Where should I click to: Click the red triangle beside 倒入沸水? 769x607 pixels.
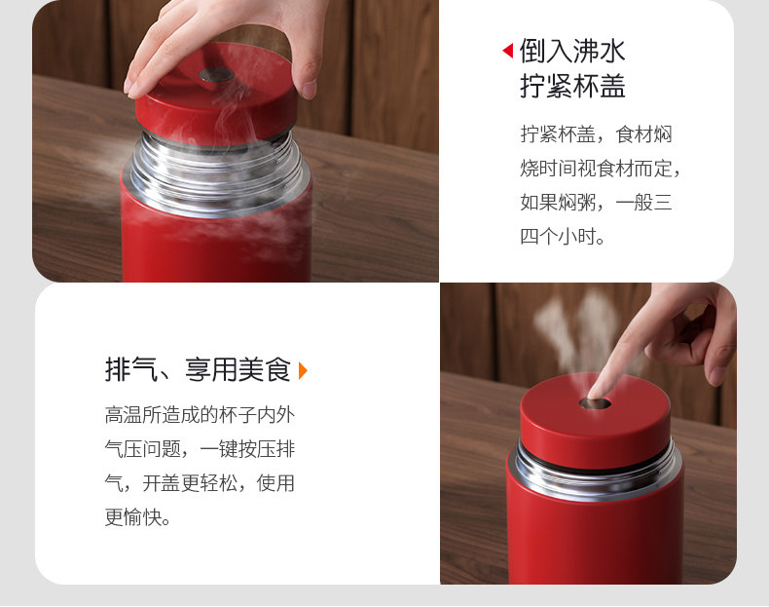508,51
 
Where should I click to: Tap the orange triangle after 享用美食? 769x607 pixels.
303,370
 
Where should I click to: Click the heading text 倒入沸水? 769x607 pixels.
572,51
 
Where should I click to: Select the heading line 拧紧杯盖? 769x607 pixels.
572,86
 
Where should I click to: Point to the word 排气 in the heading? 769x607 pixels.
131,369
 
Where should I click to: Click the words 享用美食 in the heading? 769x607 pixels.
238,369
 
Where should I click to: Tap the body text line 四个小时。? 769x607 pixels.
563,237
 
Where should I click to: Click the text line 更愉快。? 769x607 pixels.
138,517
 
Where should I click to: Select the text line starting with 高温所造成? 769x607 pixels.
200,415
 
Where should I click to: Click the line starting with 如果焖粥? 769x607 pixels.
596,202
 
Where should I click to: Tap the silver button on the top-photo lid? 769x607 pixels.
216,75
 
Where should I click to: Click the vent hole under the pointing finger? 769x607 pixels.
595,403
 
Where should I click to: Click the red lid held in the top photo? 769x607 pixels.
216,95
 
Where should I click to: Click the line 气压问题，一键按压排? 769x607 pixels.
200,449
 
